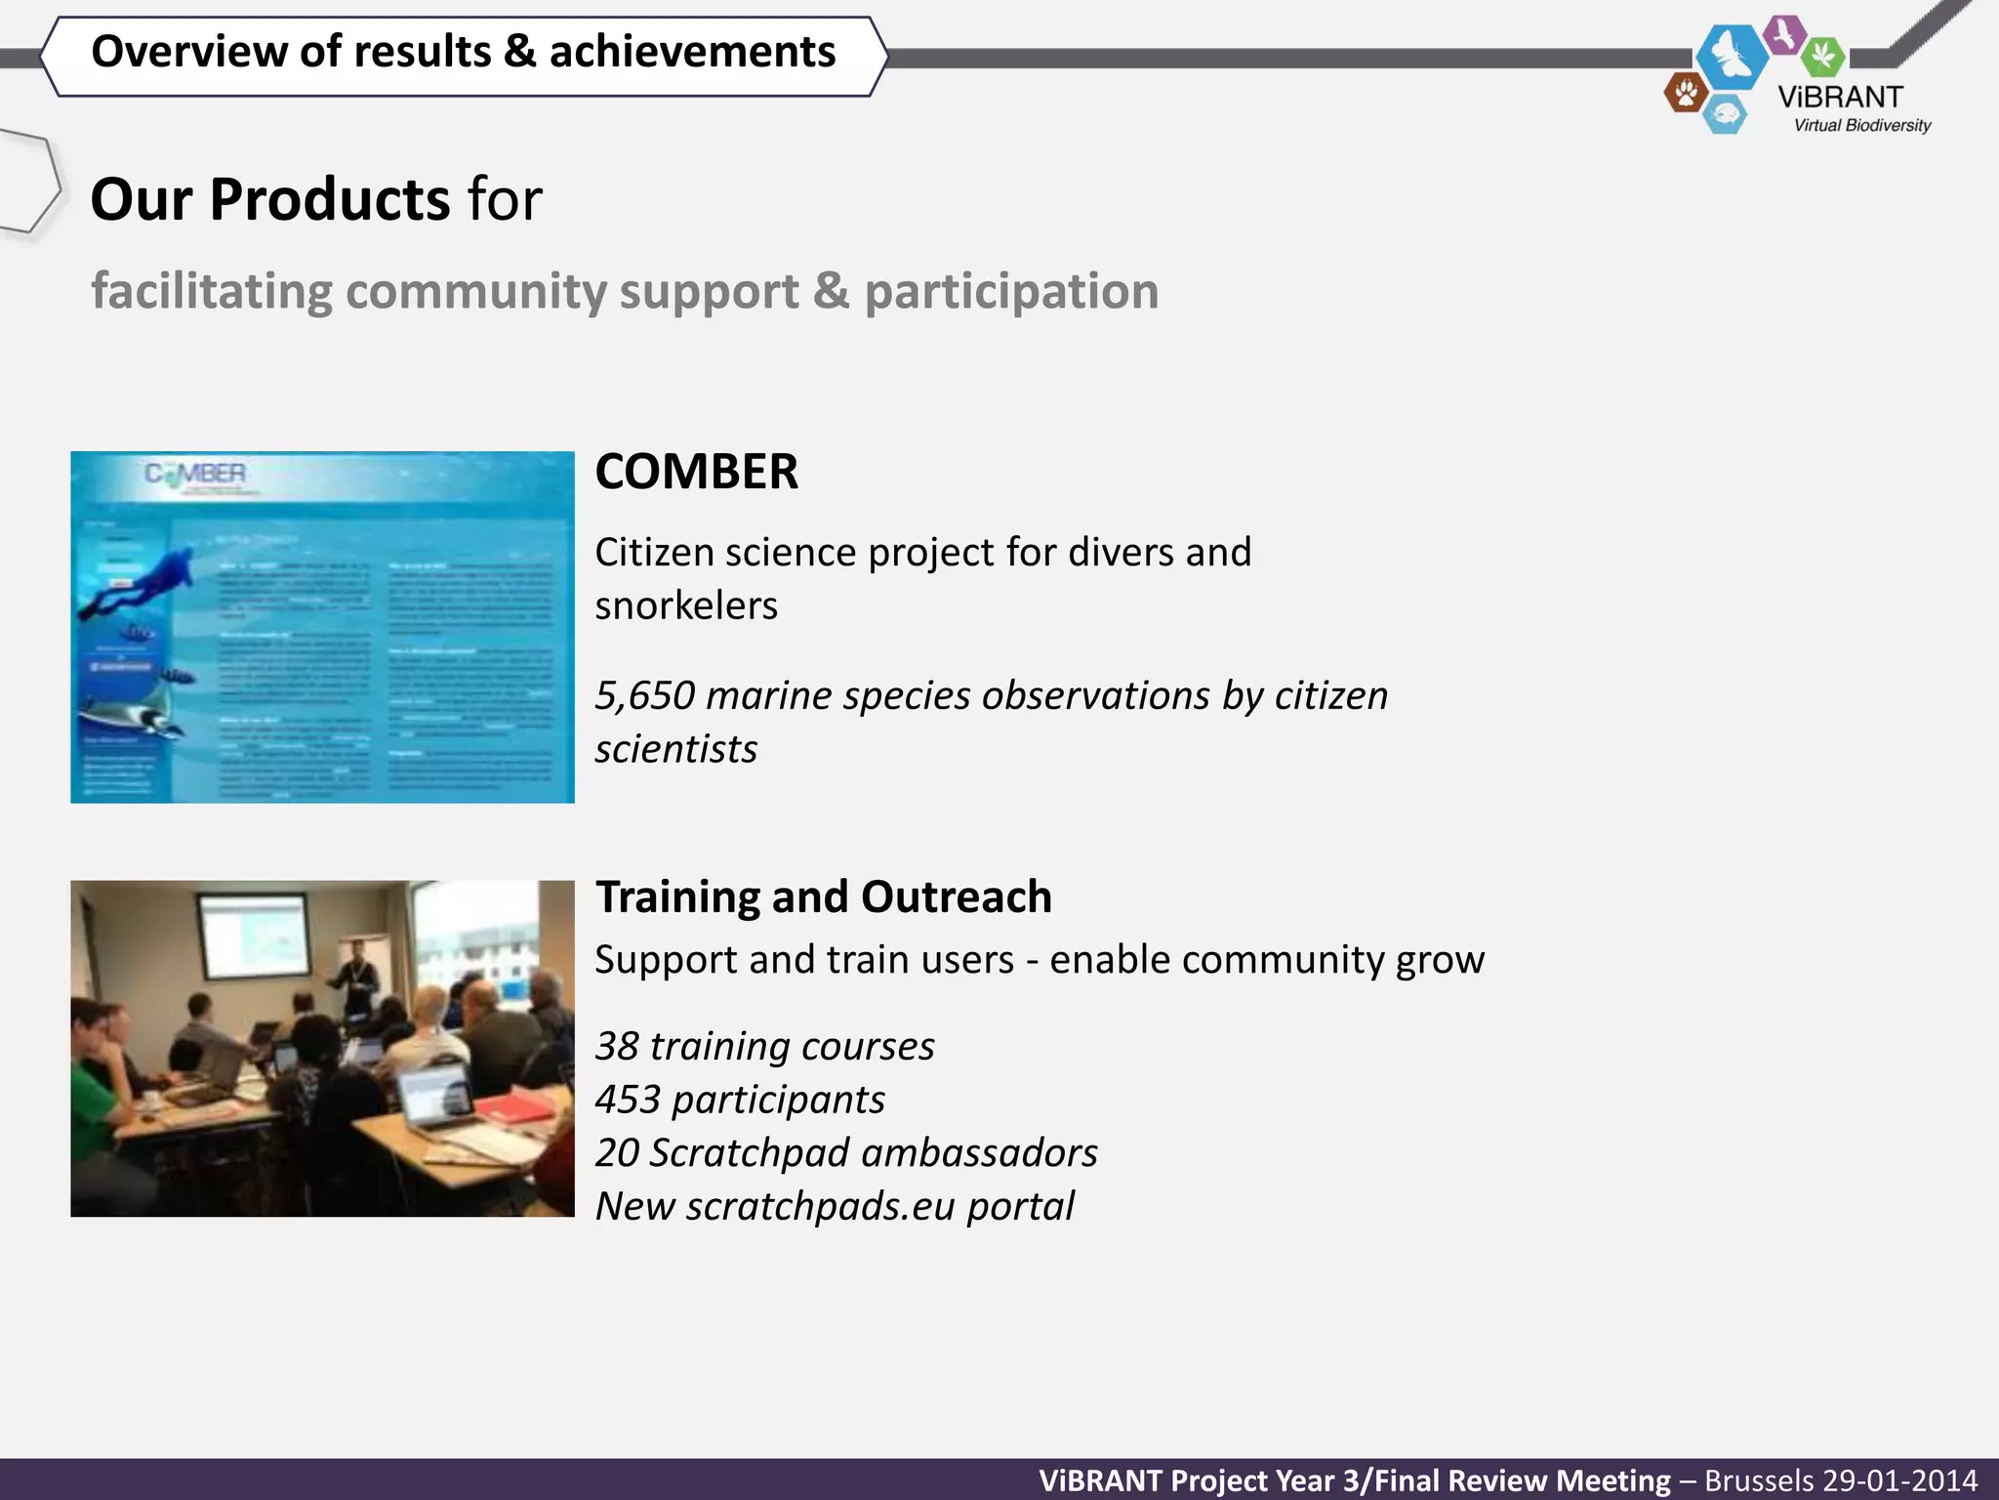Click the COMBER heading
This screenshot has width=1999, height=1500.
(x=696, y=472)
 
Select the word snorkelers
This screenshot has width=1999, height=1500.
(x=686, y=606)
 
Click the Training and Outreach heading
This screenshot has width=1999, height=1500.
(x=824, y=897)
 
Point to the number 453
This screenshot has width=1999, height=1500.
(x=628, y=1101)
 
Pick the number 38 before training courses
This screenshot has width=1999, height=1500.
(x=617, y=1047)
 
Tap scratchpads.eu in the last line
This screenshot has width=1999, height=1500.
(x=820, y=1207)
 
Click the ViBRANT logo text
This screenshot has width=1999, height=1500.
(x=1840, y=98)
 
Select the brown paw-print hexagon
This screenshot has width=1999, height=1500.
(x=1686, y=94)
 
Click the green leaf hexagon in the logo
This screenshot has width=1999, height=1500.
(x=1821, y=56)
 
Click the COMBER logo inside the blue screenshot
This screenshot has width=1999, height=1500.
(x=195, y=475)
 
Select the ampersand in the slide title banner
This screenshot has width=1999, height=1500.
(x=520, y=52)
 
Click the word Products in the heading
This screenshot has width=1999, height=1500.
(x=329, y=200)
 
